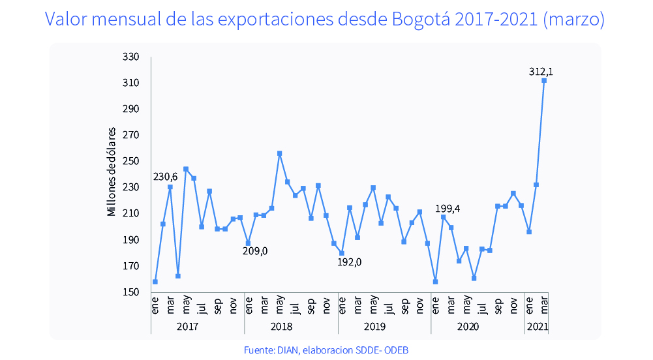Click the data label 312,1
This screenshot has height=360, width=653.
click(541, 70)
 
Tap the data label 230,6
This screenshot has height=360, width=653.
click(165, 177)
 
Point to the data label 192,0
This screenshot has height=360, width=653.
click(350, 262)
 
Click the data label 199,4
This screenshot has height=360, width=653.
click(448, 209)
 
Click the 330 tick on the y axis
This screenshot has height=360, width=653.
click(130, 57)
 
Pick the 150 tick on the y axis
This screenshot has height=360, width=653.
click(130, 292)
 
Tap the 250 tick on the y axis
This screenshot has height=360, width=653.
click(130, 162)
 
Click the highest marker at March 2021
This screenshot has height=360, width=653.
click(544, 80)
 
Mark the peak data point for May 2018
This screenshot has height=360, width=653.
click(279, 154)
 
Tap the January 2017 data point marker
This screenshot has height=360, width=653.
click(155, 282)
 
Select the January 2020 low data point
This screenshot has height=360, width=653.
click(435, 282)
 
